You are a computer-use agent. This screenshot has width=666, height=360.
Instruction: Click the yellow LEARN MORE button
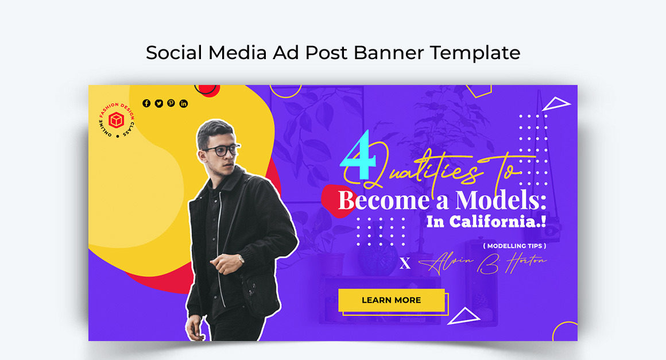[x=391, y=300]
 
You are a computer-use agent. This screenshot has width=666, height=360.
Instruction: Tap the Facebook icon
[x=146, y=103]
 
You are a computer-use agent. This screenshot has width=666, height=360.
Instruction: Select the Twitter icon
[x=159, y=103]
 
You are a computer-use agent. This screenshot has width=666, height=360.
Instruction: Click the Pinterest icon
[x=171, y=103]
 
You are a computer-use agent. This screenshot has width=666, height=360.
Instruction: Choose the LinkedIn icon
[x=184, y=103]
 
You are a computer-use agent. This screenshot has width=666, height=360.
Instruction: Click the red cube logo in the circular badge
[x=117, y=120]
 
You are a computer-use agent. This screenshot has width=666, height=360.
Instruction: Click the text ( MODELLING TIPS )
[x=514, y=246]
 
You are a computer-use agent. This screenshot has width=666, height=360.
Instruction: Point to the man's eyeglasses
[x=222, y=150]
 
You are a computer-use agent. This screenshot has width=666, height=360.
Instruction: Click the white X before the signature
[x=405, y=264]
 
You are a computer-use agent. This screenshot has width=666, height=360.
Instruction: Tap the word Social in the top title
[x=174, y=53]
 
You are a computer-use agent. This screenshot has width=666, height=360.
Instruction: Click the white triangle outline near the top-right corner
[x=555, y=104]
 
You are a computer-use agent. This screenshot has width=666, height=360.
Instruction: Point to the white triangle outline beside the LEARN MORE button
[x=464, y=316]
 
